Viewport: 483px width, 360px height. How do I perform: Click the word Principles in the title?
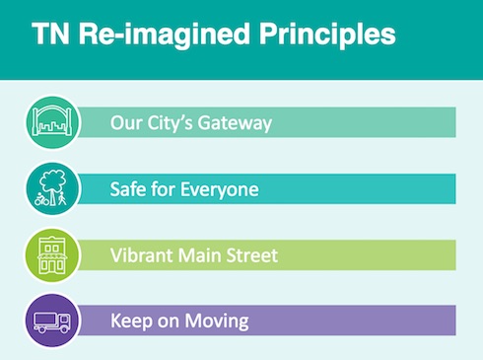point(327,36)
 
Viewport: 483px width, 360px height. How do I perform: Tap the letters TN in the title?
point(50,34)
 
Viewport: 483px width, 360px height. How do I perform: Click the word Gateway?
point(235,123)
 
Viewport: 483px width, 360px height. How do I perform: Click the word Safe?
point(127,189)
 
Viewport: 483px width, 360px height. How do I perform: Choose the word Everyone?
point(220,190)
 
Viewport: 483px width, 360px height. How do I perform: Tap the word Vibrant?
point(141,255)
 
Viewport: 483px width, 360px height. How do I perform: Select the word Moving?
point(217,322)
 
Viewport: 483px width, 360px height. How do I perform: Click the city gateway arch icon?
point(52,121)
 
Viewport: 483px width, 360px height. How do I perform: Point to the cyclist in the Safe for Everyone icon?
point(41,199)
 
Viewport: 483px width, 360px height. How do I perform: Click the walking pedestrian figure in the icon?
point(62,199)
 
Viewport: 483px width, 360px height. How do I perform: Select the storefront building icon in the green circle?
point(52,255)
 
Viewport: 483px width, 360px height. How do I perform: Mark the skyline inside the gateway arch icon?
point(52,127)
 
